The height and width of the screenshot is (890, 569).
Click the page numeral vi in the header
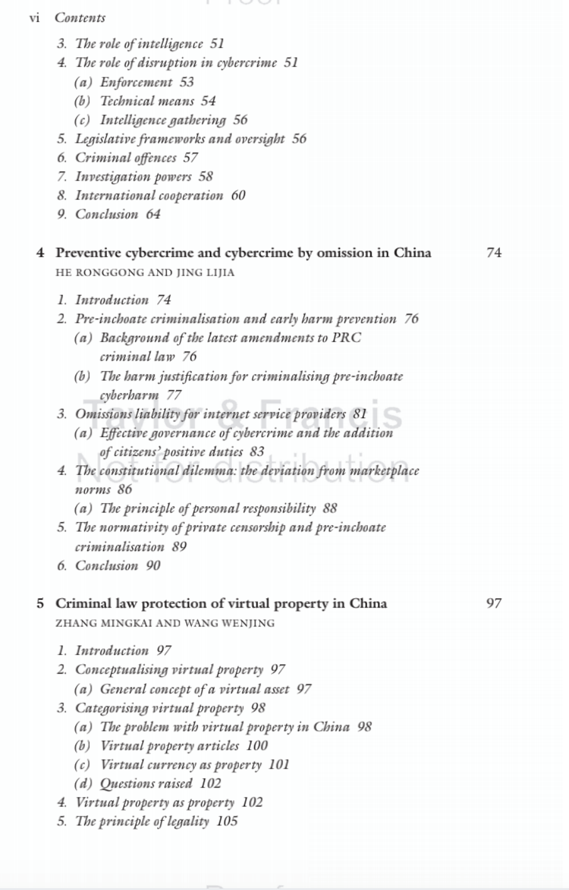pos(34,18)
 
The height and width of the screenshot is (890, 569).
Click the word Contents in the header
pos(80,18)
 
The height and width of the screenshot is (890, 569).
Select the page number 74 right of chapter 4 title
pos(494,253)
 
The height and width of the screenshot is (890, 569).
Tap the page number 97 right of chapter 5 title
pos(494,604)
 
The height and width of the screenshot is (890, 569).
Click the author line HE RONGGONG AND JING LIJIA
pos(145,273)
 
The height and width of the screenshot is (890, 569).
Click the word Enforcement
pos(136,82)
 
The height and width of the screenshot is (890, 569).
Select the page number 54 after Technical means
pos(208,101)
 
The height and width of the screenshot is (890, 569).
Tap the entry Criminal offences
pos(126,158)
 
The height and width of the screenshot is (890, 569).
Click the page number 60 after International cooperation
pos(238,196)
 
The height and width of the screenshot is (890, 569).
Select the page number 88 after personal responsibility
pos(330,508)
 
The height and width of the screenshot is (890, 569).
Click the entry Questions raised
pos(146,784)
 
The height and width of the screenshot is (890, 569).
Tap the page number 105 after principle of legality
pos(227,821)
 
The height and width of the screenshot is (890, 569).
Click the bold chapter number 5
pos(40,604)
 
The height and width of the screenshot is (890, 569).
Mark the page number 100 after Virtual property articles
pos(257,746)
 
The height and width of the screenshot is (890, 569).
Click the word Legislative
pos(104,139)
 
